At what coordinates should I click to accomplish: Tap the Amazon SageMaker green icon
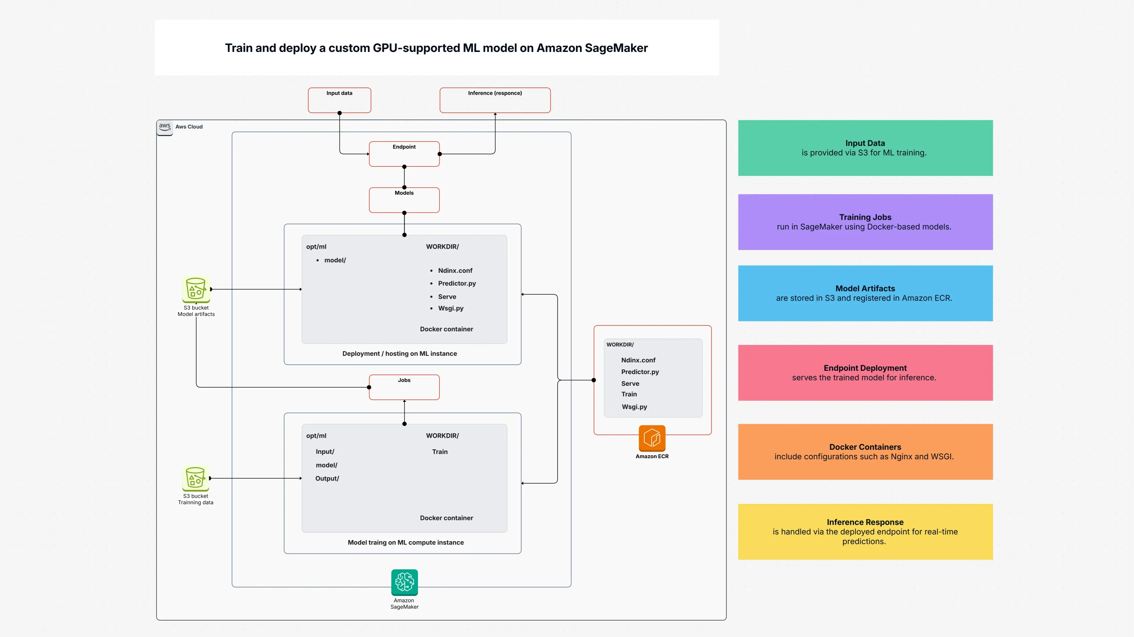click(404, 582)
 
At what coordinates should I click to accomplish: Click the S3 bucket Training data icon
click(195, 478)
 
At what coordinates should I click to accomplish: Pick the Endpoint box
click(404, 154)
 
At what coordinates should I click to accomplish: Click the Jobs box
click(404, 388)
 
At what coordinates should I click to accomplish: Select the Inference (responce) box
click(495, 100)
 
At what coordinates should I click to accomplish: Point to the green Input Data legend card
click(865, 148)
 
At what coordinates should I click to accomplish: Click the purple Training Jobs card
click(865, 222)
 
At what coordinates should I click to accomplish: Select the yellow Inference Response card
click(865, 531)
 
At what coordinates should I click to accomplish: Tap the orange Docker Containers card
click(865, 452)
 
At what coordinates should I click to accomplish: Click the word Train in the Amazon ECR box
click(629, 394)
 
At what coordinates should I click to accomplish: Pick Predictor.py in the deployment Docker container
click(457, 283)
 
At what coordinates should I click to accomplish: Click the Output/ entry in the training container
click(327, 479)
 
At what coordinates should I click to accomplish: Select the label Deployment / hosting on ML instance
click(399, 354)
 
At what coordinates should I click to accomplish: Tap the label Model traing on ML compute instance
click(405, 542)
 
